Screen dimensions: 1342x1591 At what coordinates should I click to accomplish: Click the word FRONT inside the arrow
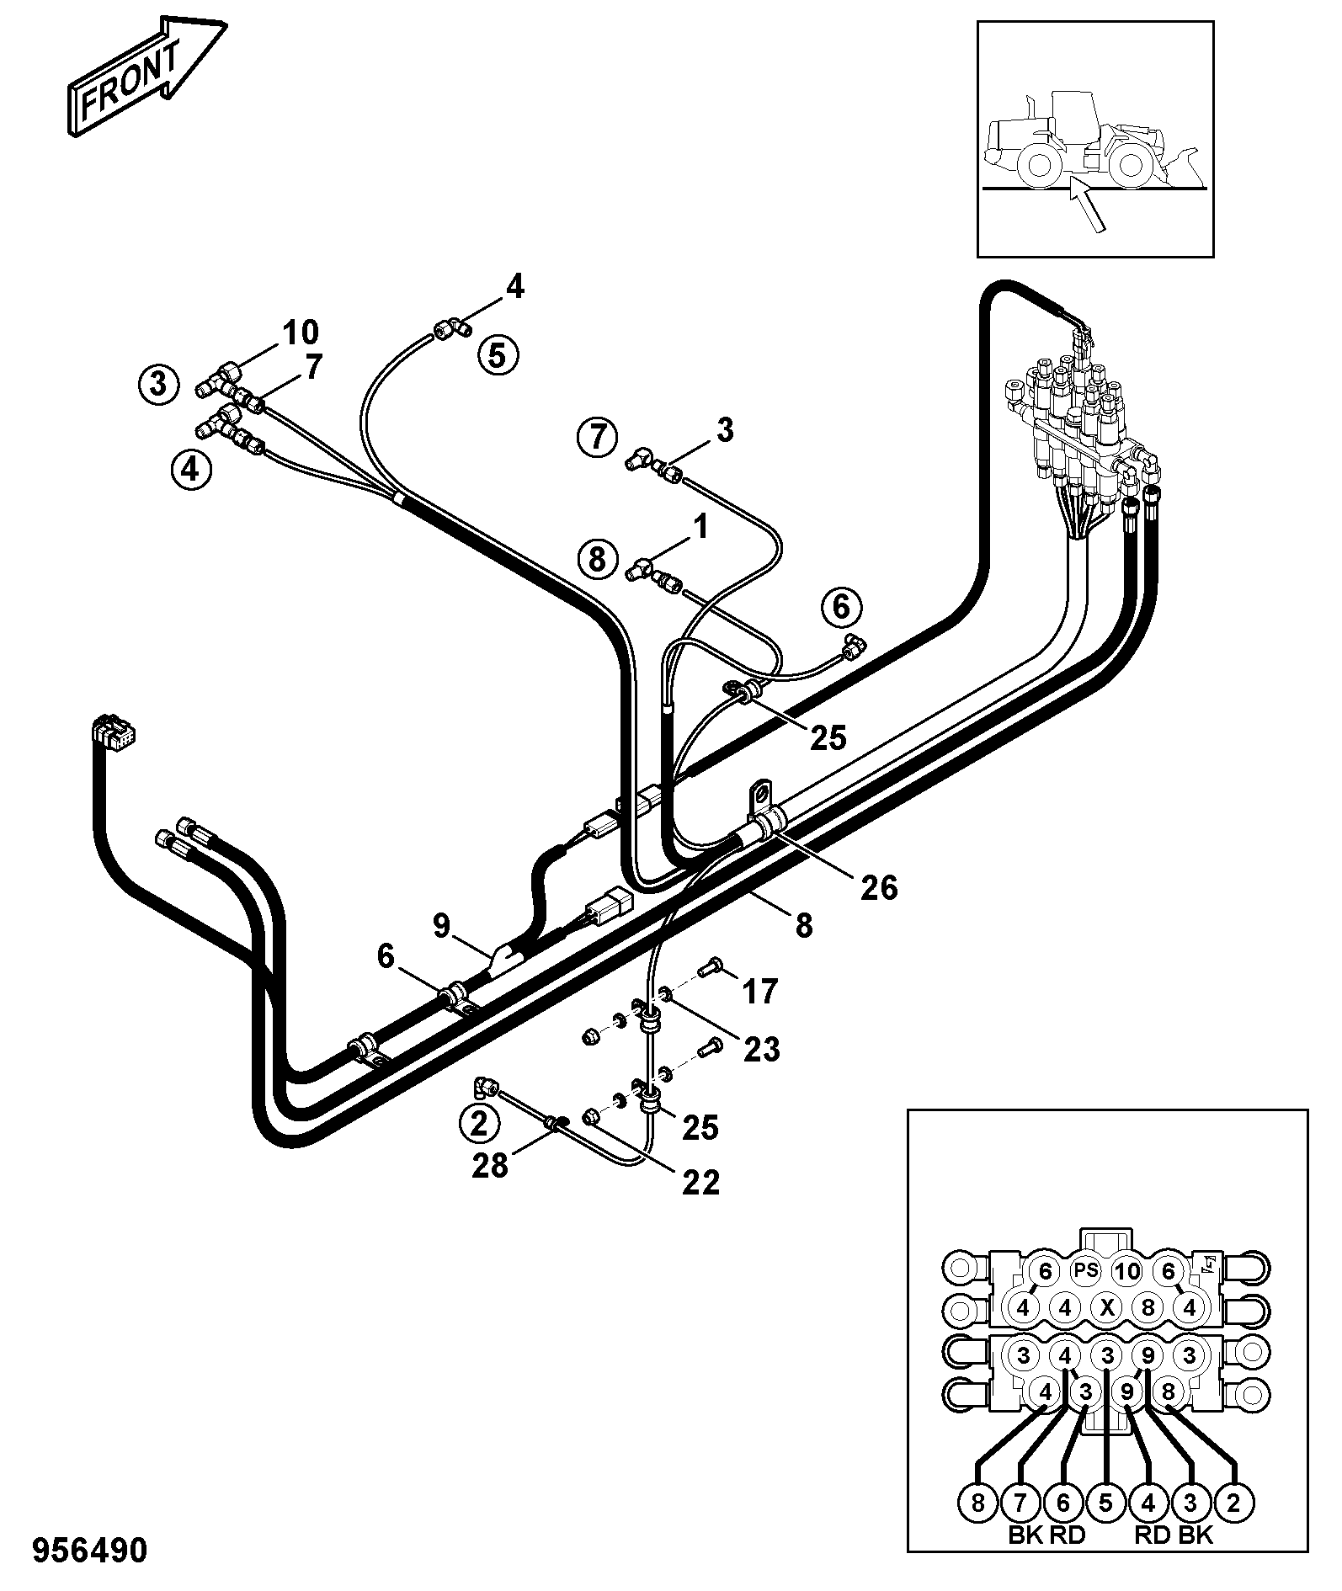point(130,81)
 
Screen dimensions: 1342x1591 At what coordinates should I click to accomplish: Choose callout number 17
point(759,991)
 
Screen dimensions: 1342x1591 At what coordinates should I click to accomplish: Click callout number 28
point(490,1165)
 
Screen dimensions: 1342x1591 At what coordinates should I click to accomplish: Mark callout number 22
point(700,1183)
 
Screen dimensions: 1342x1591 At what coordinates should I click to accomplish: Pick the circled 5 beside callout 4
point(498,354)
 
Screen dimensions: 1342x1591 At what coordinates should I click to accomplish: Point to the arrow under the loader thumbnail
point(1086,205)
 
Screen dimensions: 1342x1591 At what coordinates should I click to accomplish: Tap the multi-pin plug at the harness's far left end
point(114,731)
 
